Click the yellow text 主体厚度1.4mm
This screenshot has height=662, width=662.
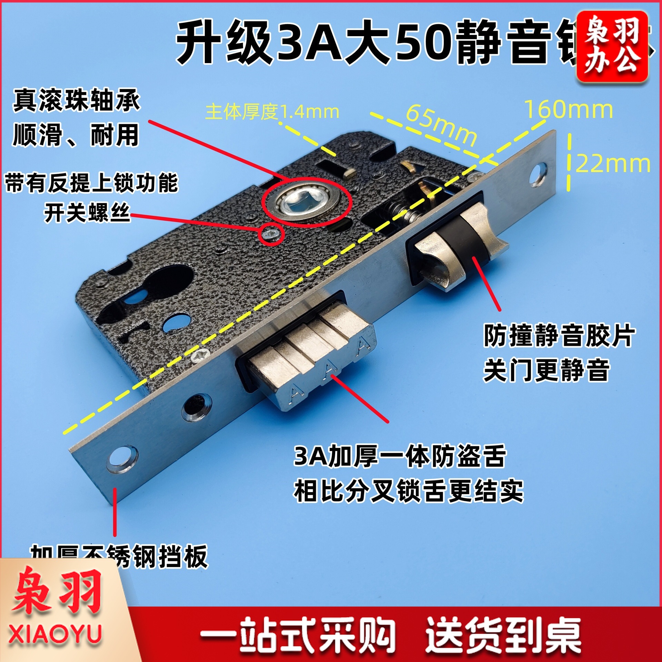272,112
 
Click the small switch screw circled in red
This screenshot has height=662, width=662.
269,234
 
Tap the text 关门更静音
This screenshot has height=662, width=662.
546,370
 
